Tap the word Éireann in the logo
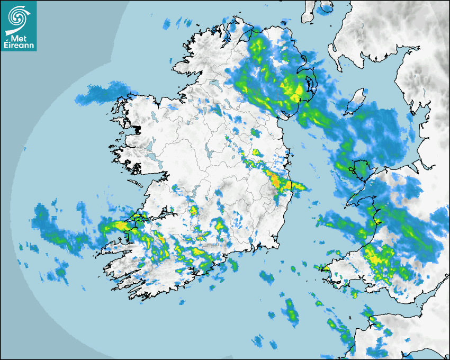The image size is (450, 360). (x=20, y=46)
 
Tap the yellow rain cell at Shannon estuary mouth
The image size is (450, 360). (x=121, y=226)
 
